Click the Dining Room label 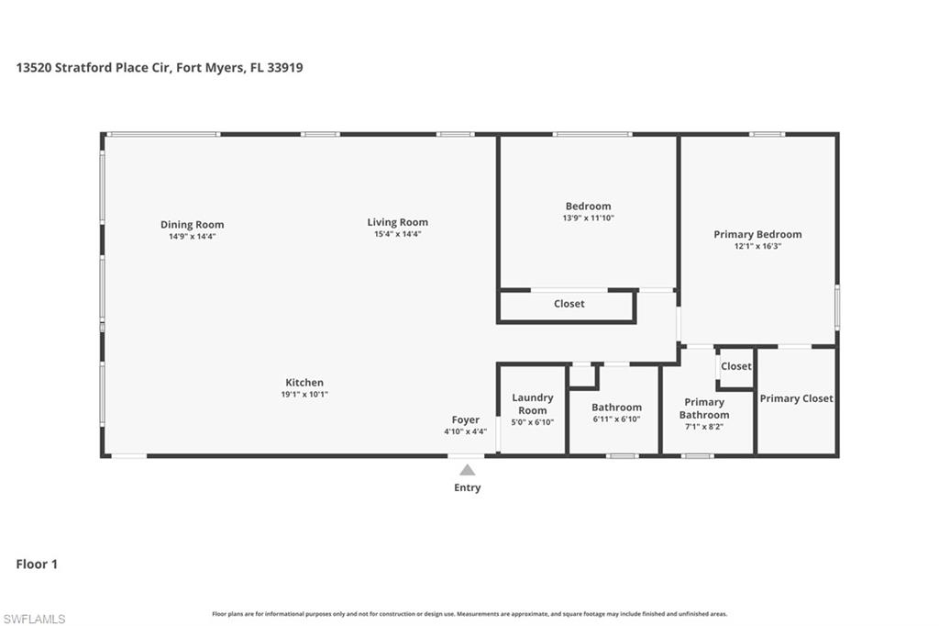point(192,225)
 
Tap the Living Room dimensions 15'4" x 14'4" point(397,234)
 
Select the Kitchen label point(304,383)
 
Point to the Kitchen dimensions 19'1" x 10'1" point(304,395)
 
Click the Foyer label point(465,420)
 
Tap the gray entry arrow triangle point(467,470)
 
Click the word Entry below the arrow point(467,487)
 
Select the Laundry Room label point(532,404)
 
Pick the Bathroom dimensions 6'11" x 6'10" point(616,419)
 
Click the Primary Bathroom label point(704,408)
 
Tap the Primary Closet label point(796,398)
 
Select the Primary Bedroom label point(757,234)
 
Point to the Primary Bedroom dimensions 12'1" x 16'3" point(757,246)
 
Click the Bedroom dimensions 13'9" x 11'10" point(588,218)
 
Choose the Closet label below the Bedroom point(569,304)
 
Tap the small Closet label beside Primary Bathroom point(735,366)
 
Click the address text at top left point(160,67)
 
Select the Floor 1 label point(37,565)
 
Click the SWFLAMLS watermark point(34,619)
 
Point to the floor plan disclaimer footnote point(469,614)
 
